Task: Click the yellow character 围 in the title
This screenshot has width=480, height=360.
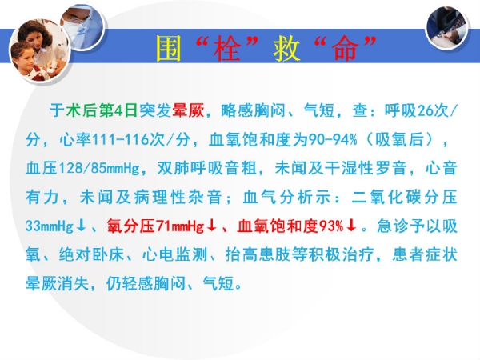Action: tap(169, 48)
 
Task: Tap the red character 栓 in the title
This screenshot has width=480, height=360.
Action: tap(227, 48)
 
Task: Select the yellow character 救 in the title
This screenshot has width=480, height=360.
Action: tap(286, 48)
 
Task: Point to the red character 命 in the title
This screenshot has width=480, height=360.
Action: tap(346, 48)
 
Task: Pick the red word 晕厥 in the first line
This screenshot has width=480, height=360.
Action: tap(188, 110)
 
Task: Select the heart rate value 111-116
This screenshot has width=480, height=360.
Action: tap(118, 139)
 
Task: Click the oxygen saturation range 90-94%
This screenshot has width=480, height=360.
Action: tap(333, 139)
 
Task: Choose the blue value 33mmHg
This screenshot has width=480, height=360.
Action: tap(50, 226)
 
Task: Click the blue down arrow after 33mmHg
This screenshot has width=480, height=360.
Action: tap(81, 226)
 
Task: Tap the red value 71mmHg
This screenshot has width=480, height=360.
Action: tap(180, 226)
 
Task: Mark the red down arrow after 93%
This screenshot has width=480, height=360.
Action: tap(352, 226)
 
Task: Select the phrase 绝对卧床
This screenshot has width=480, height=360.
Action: tap(91, 254)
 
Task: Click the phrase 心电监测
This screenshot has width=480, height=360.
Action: tap(174, 254)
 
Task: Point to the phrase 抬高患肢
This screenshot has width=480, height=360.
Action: tap(258, 254)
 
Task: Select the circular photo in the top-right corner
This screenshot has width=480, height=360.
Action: tap(447, 28)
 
